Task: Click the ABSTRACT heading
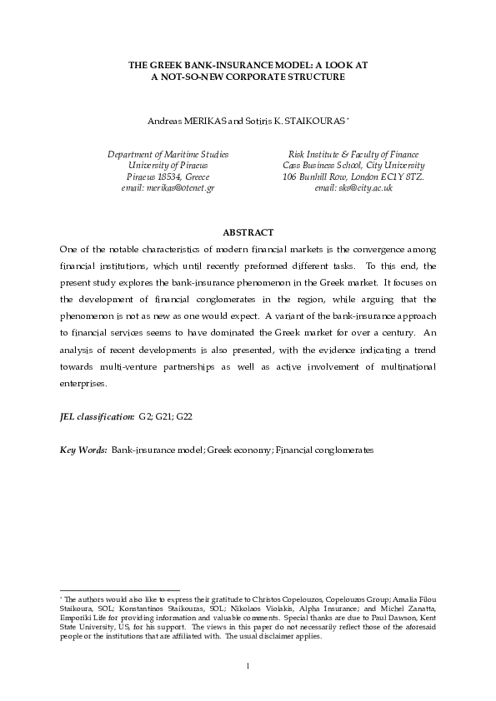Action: (248, 232)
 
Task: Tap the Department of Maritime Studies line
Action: (168, 155)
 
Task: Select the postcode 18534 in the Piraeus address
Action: (168, 177)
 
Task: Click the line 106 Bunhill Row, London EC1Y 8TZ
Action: (353, 177)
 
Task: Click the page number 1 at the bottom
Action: (248, 664)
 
